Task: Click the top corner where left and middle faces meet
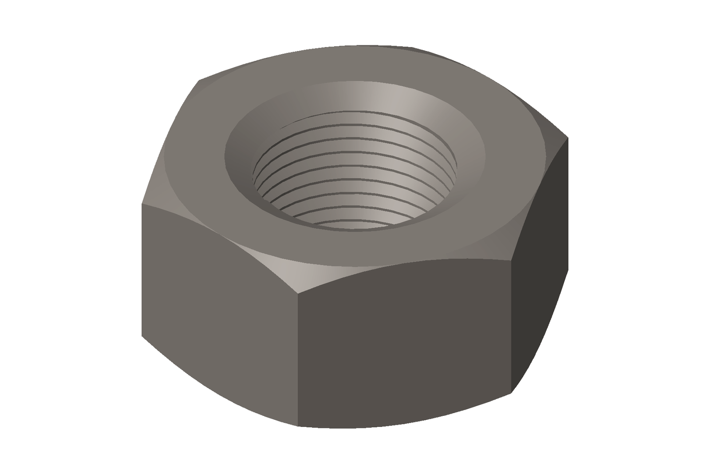(297, 293)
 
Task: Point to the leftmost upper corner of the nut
(142, 204)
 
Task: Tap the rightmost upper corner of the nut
(568, 138)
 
